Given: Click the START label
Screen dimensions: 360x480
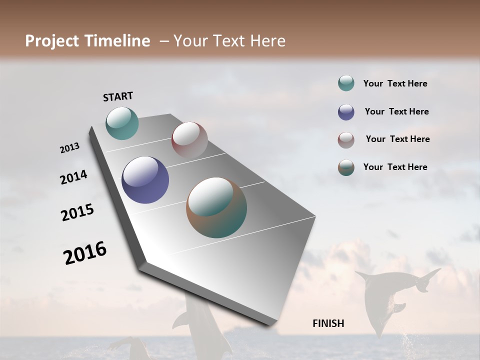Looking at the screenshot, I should (x=118, y=96).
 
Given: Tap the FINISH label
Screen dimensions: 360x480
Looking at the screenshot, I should (x=328, y=323).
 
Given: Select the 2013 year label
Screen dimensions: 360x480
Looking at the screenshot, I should (x=69, y=148).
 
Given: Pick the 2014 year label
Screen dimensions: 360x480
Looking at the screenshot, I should (x=73, y=177).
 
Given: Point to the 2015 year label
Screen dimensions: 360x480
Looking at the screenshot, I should (x=77, y=212).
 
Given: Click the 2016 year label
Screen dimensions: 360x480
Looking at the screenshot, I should (x=85, y=252).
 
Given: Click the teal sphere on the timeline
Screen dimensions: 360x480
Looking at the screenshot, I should (x=122, y=123).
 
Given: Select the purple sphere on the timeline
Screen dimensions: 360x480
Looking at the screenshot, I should (x=145, y=180).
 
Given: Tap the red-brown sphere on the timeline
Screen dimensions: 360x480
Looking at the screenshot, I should (x=189, y=140).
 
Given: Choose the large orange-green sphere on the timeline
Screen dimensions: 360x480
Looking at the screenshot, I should (x=216, y=207).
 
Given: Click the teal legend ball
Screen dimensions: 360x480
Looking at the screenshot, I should (x=346, y=83).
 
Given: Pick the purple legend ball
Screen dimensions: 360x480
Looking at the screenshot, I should (x=346, y=112).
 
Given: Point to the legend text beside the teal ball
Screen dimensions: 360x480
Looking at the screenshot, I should (x=395, y=83).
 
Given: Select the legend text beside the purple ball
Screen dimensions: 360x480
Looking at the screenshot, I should (x=396, y=111).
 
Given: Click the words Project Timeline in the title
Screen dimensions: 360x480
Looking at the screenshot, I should (x=87, y=41).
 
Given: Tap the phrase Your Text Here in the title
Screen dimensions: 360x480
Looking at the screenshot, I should (x=229, y=41).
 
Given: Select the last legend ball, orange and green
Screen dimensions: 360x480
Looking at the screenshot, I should (x=346, y=167).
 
